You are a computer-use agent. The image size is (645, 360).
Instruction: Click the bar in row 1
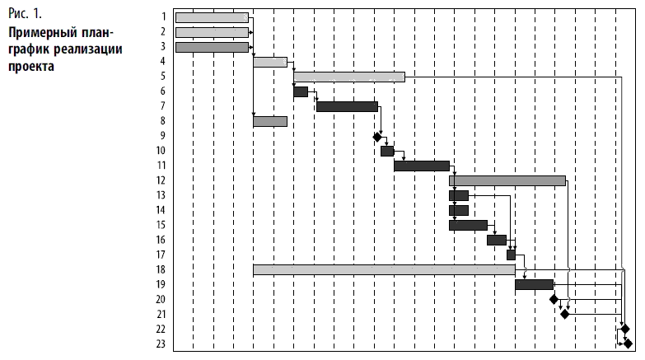pos(212,17)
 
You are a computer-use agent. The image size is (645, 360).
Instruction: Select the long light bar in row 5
pos(349,77)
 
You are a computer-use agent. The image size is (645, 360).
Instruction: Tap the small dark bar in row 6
pos(301,91)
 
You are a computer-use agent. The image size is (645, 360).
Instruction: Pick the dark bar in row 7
pos(347,106)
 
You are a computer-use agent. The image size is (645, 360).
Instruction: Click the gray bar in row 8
pos(270,121)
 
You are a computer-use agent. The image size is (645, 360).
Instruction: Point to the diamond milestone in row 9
pos(377,137)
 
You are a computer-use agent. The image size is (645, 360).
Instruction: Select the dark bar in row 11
pos(421,166)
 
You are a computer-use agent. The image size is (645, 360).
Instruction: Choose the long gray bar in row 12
pos(507,180)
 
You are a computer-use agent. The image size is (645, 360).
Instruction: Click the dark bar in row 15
pos(468,225)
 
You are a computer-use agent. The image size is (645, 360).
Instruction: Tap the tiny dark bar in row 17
pos(511,255)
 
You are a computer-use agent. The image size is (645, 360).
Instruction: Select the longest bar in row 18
pos(384,269)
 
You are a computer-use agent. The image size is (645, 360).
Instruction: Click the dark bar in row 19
pos(534,284)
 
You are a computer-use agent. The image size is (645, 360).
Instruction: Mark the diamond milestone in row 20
pos(554,299)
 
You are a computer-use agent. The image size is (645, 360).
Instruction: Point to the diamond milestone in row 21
pos(564,314)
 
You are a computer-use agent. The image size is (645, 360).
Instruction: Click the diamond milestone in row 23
pos(628,344)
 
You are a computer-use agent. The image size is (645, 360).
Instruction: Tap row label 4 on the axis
pos(163,61)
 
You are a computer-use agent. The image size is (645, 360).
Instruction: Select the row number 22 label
pos(161,329)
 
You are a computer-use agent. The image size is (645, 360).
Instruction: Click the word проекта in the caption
pos(30,65)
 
